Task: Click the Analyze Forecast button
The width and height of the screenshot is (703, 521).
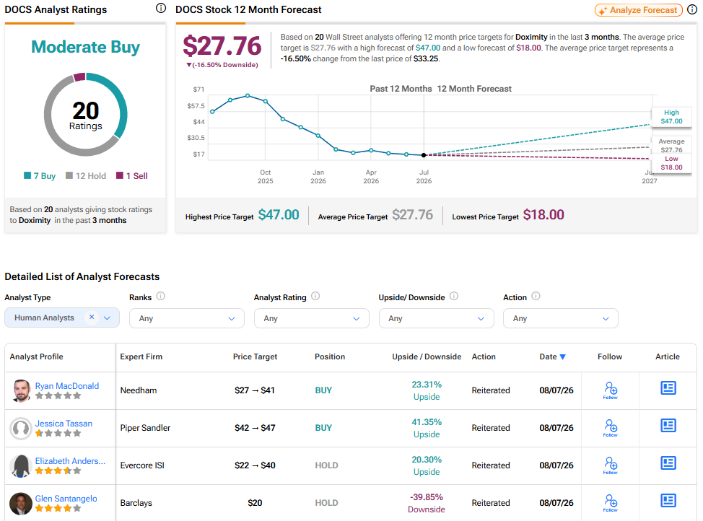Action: (x=639, y=10)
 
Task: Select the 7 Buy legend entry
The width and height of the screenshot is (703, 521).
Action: (x=40, y=176)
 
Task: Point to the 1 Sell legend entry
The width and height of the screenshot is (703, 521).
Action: (x=132, y=176)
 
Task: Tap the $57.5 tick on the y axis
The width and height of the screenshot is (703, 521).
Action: (x=196, y=106)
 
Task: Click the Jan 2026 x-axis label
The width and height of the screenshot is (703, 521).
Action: (x=318, y=177)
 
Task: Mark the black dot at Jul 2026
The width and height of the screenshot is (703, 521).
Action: (x=424, y=155)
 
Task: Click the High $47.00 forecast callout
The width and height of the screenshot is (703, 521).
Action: (x=671, y=117)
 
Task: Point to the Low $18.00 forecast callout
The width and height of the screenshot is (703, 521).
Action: (x=671, y=163)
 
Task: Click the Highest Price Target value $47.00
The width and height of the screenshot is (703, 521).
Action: (x=279, y=215)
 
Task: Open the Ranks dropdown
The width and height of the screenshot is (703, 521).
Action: (x=186, y=318)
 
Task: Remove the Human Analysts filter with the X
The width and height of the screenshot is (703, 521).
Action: (x=92, y=317)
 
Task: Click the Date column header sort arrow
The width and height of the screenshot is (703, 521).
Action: (x=563, y=357)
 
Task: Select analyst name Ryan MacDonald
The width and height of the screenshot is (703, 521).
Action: (x=67, y=385)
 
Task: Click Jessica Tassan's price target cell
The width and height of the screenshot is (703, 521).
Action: (x=255, y=428)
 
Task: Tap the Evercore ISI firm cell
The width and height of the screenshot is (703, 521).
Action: (x=142, y=465)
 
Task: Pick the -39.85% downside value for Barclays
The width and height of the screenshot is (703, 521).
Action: (x=427, y=496)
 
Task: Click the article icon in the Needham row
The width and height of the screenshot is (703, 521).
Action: (x=668, y=388)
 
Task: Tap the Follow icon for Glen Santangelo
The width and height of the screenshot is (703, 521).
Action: (x=610, y=503)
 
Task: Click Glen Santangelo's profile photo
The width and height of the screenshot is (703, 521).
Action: (x=21, y=504)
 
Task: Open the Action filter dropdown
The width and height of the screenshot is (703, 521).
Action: (x=560, y=318)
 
